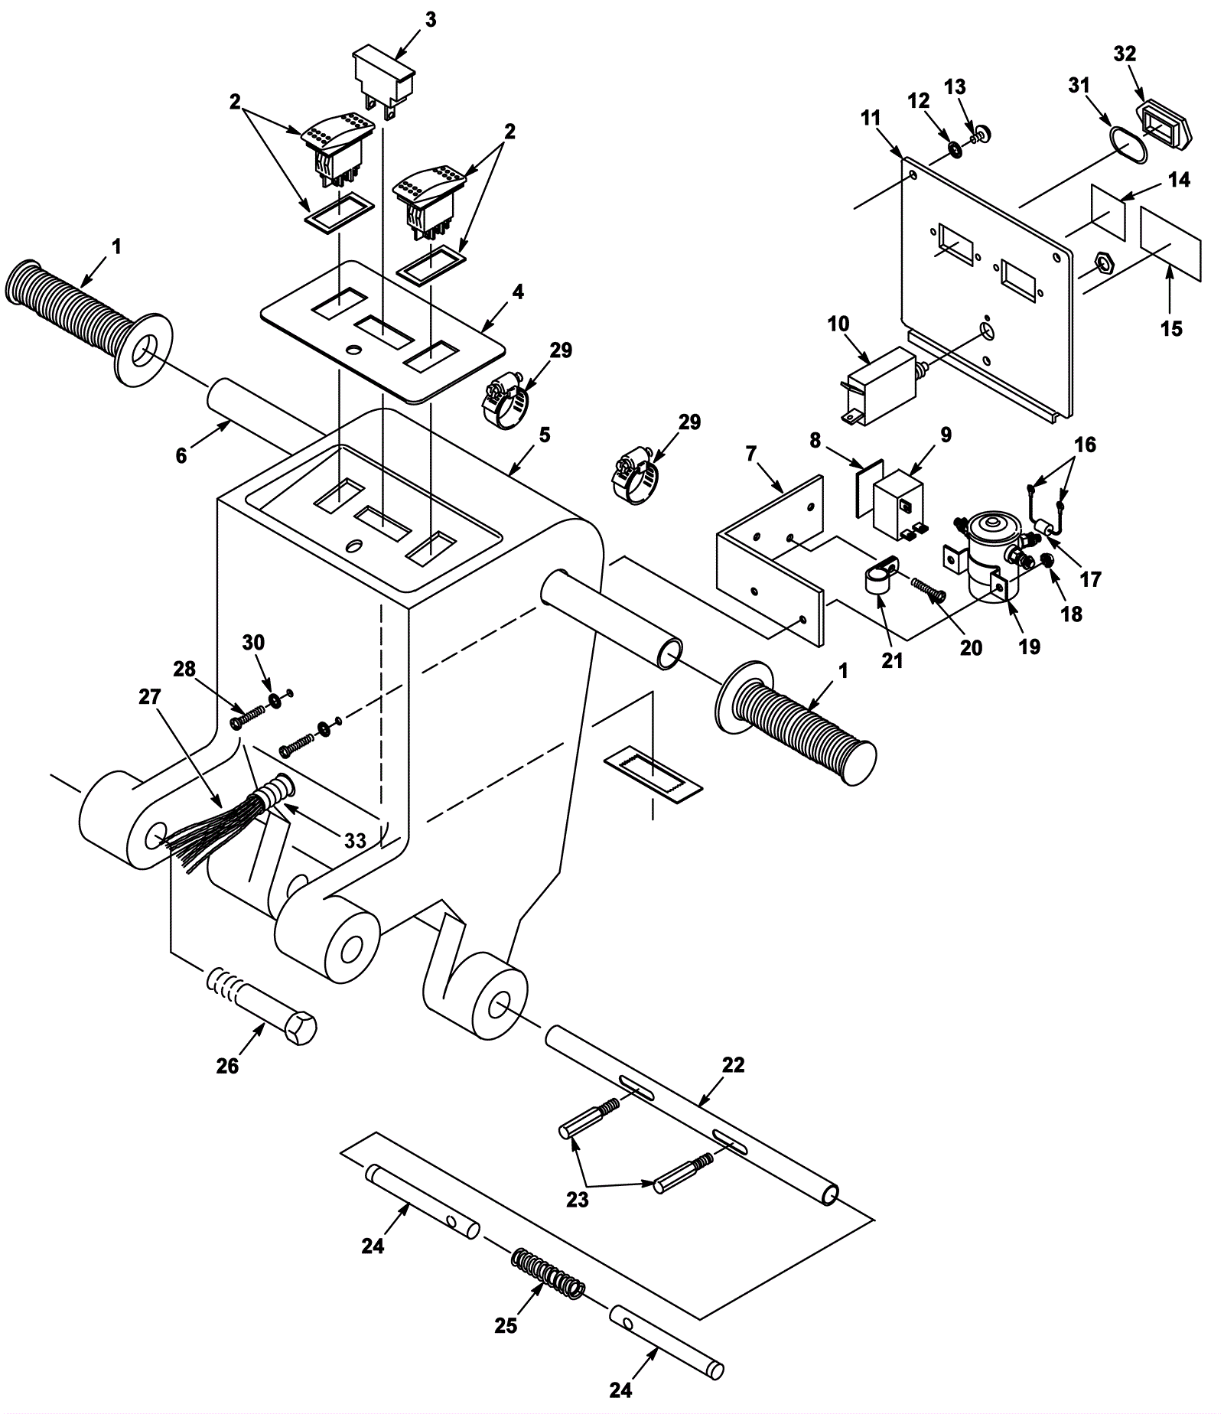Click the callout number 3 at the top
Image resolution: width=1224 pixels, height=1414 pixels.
tap(431, 20)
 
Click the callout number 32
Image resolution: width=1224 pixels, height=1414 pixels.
tap(1125, 54)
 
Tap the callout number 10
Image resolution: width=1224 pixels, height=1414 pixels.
tap(838, 324)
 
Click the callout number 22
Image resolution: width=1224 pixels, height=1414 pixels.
tap(733, 1065)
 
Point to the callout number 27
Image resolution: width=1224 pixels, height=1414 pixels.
tap(150, 697)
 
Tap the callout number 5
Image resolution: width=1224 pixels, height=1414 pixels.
tap(545, 435)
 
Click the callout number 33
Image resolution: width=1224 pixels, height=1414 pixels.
tap(355, 841)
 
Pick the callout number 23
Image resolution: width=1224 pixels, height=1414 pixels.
tap(578, 1199)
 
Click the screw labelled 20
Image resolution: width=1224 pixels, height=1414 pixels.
tap(929, 590)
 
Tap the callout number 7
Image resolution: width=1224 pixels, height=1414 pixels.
tap(750, 454)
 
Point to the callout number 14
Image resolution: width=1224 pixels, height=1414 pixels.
tap(1179, 180)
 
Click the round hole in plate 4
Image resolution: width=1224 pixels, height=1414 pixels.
tap(354, 350)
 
